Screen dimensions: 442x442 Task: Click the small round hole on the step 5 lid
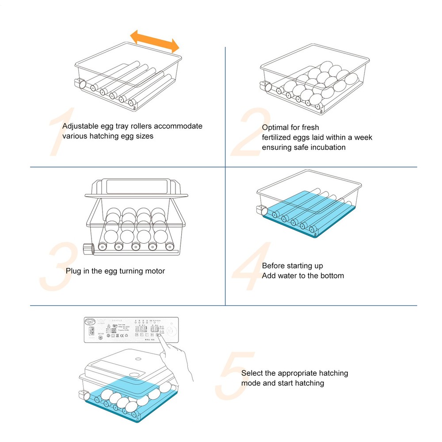(x=138, y=359)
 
